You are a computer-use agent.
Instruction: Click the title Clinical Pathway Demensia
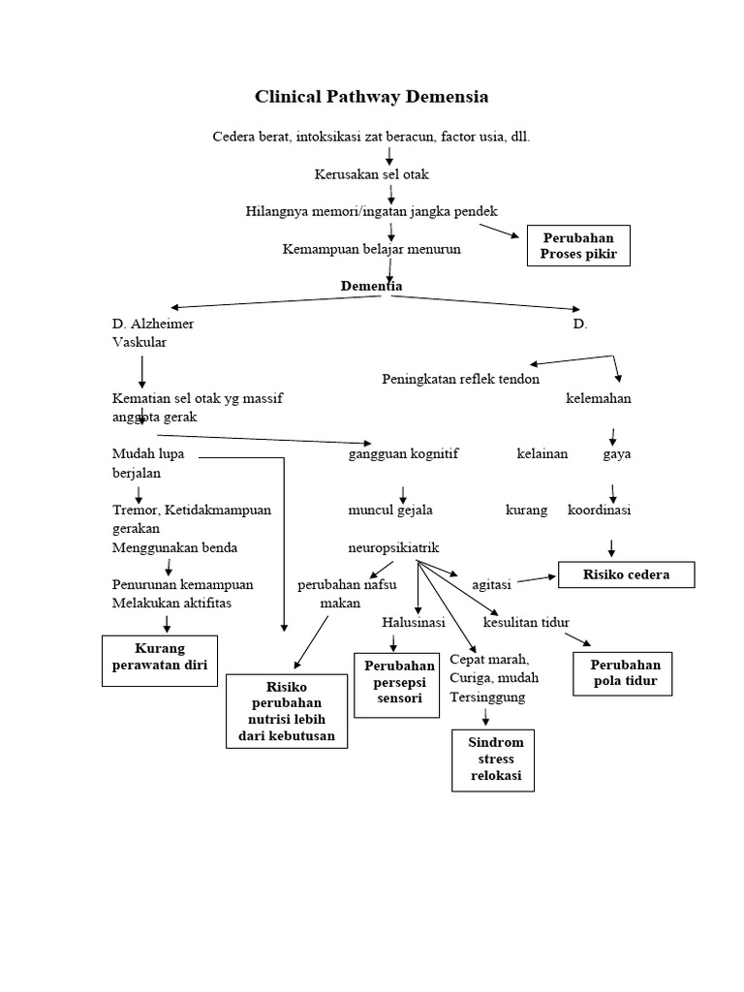[x=371, y=97]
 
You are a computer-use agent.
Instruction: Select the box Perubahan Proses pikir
[x=578, y=246]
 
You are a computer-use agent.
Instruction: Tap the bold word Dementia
[x=371, y=286]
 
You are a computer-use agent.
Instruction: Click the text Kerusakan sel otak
[x=371, y=174]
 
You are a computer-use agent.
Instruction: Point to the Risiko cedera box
[x=626, y=574]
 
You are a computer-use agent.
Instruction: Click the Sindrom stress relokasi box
[x=493, y=759]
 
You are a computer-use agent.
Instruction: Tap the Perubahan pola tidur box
[x=624, y=673]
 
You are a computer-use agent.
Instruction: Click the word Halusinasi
[x=413, y=622]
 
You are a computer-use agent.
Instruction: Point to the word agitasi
[x=491, y=585]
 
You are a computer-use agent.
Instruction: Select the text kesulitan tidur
[x=526, y=622]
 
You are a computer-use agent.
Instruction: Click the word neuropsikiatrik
[x=394, y=548]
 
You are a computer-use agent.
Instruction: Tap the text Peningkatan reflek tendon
[x=460, y=379]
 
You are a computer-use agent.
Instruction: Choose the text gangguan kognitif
[x=403, y=453]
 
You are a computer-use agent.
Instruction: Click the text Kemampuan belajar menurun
[x=371, y=249]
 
